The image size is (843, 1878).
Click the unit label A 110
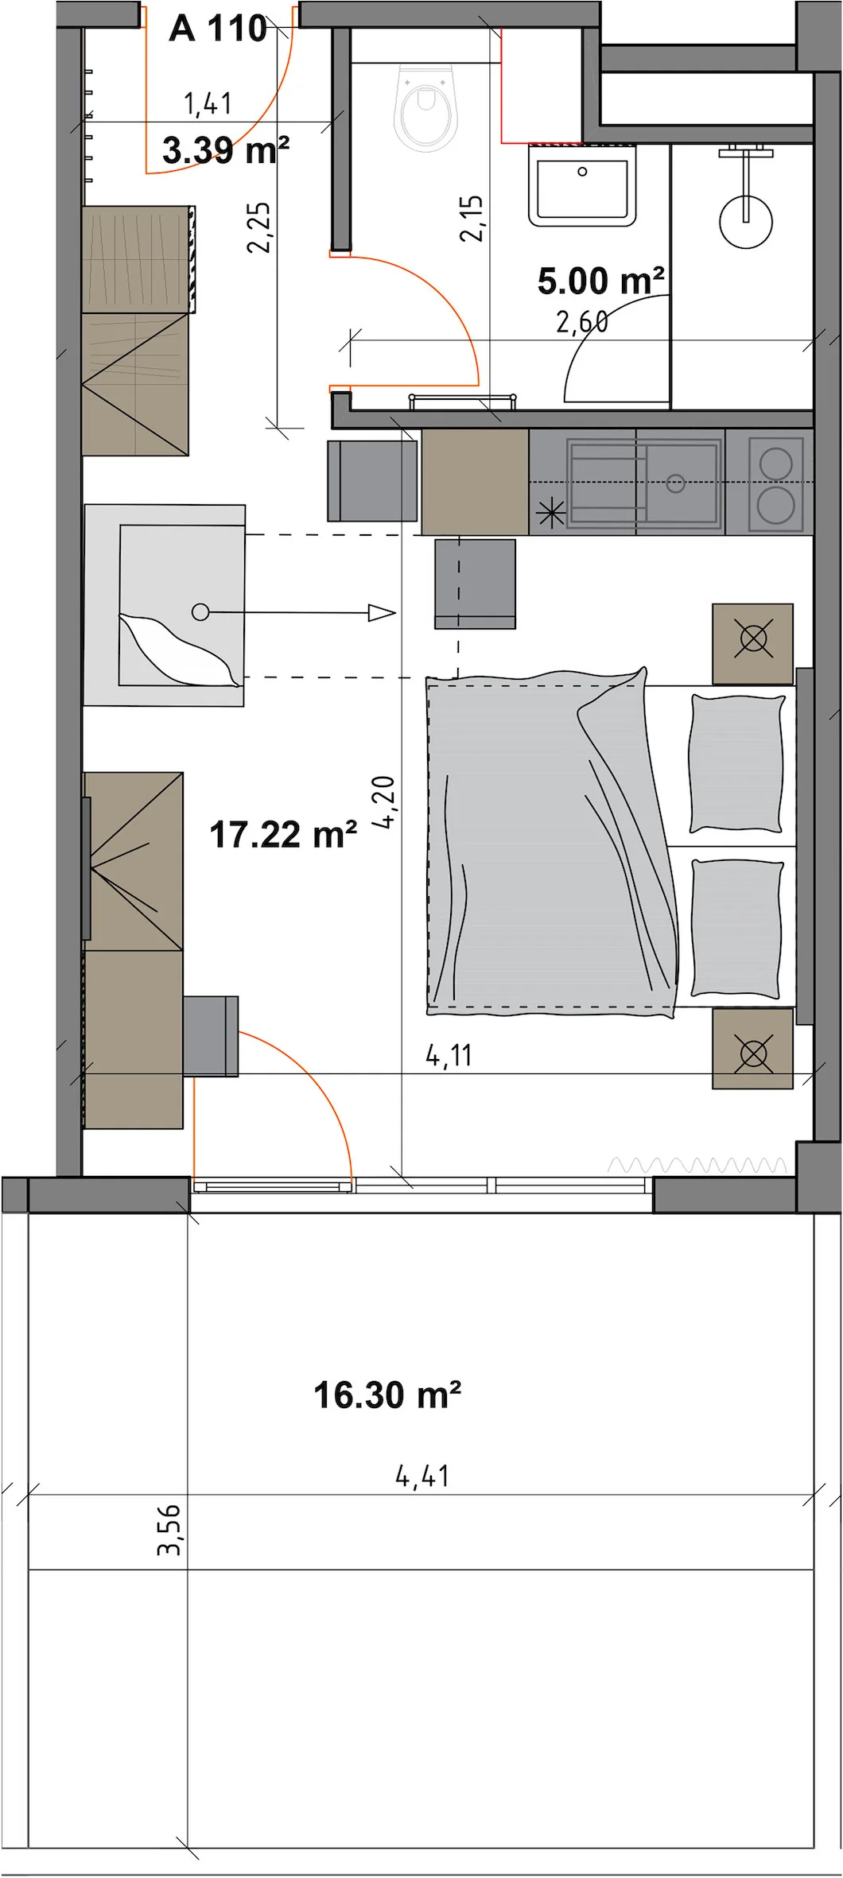tap(218, 29)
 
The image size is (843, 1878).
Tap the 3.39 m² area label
tap(226, 149)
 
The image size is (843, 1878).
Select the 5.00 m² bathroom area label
tap(601, 280)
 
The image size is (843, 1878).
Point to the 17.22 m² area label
tap(283, 835)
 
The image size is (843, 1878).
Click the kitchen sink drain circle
tap(676, 483)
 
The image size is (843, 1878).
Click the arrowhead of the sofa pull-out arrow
tap(382, 613)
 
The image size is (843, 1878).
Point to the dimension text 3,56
tap(169, 1529)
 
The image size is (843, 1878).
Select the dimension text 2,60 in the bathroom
tap(582, 322)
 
